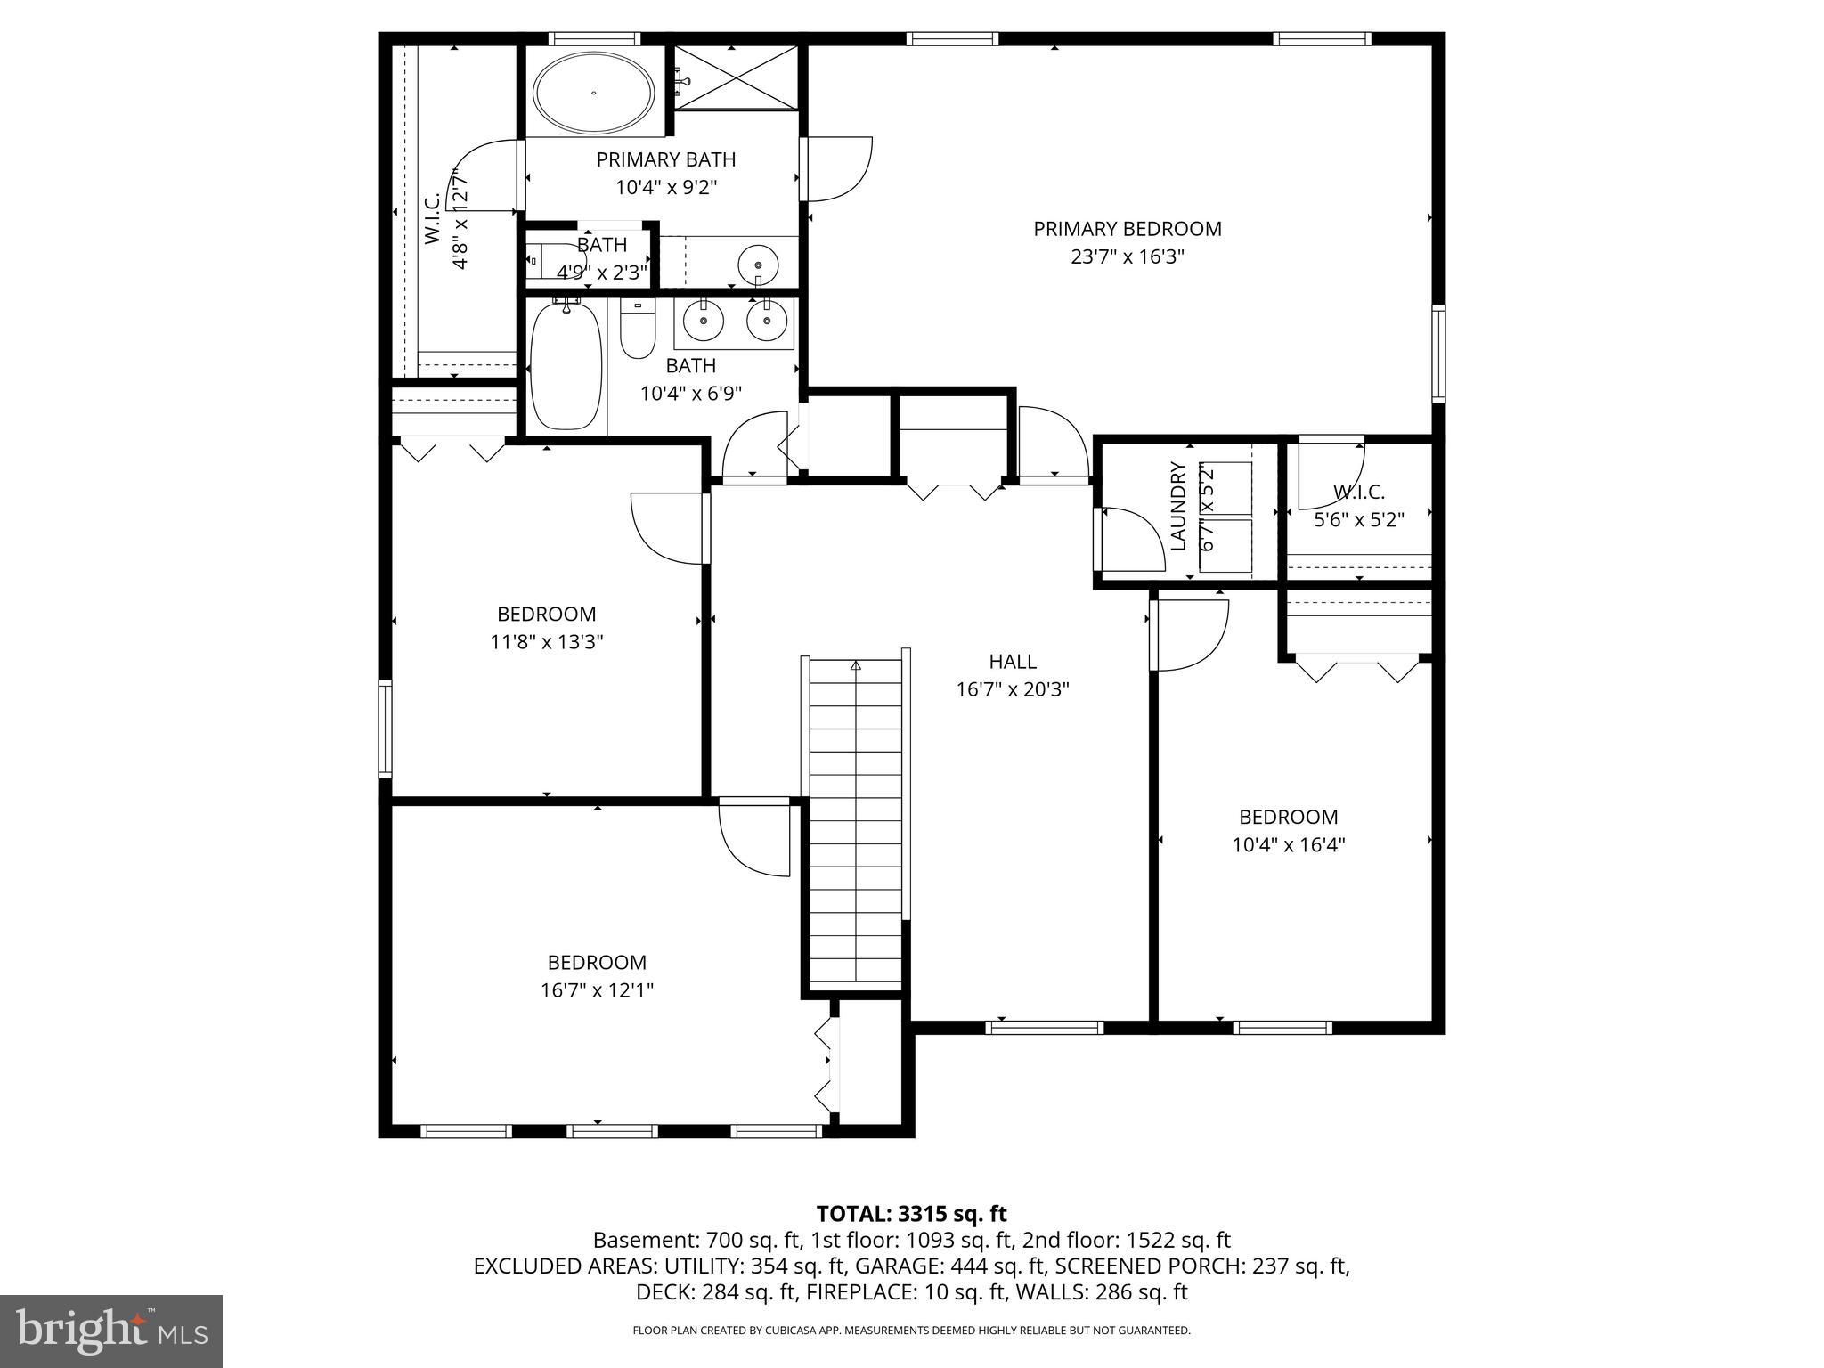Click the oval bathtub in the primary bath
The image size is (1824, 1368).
(x=594, y=92)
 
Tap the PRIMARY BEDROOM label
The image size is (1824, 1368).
(x=1127, y=229)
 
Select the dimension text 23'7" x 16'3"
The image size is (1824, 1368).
(x=1127, y=257)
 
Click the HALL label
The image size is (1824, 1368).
(x=1013, y=662)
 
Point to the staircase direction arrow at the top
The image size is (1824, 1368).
(x=856, y=665)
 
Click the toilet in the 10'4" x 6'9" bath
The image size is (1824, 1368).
(x=637, y=330)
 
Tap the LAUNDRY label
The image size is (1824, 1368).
(x=1177, y=506)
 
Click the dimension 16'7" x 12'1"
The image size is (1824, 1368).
(x=597, y=990)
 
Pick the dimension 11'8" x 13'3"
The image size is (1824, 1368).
(x=547, y=642)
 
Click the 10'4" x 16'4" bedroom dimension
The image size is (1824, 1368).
(x=1288, y=845)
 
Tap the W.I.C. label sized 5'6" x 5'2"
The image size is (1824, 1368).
(x=1358, y=492)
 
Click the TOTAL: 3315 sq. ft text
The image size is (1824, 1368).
(x=911, y=1213)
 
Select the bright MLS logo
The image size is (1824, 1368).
(x=111, y=1331)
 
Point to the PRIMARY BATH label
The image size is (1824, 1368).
(x=666, y=160)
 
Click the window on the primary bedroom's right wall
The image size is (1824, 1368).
(x=1437, y=353)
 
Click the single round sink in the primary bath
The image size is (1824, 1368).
(x=758, y=265)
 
